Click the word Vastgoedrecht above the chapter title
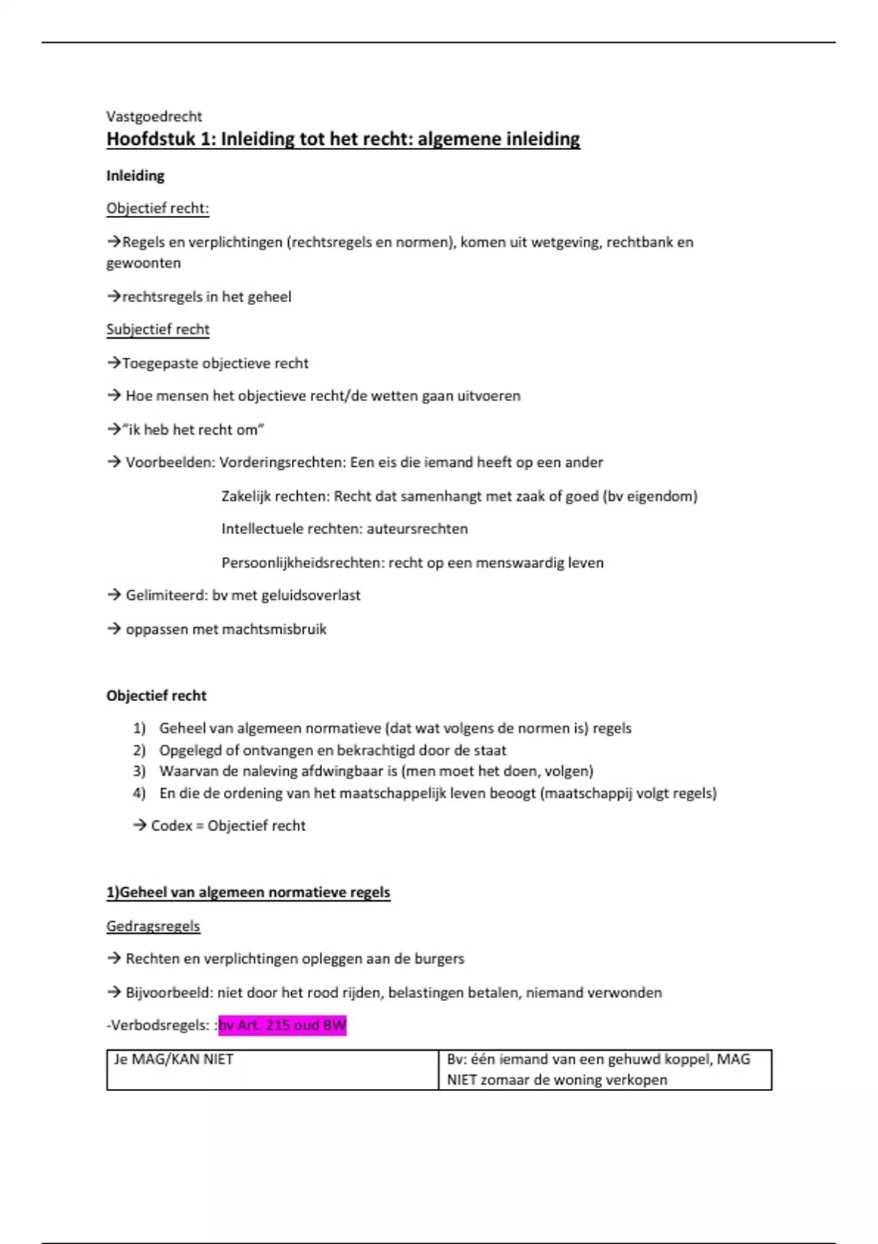click(x=154, y=116)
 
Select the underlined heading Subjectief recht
click(x=157, y=329)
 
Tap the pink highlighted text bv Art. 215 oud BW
click(x=282, y=1025)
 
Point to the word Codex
click(x=171, y=825)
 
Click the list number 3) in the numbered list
click(x=139, y=771)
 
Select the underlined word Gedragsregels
click(x=153, y=926)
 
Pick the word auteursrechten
click(x=417, y=529)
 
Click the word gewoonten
click(x=143, y=263)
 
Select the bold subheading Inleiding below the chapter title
click(x=135, y=176)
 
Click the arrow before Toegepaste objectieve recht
click(x=113, y=363)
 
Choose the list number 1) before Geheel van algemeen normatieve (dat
click(x=139, y=729)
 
